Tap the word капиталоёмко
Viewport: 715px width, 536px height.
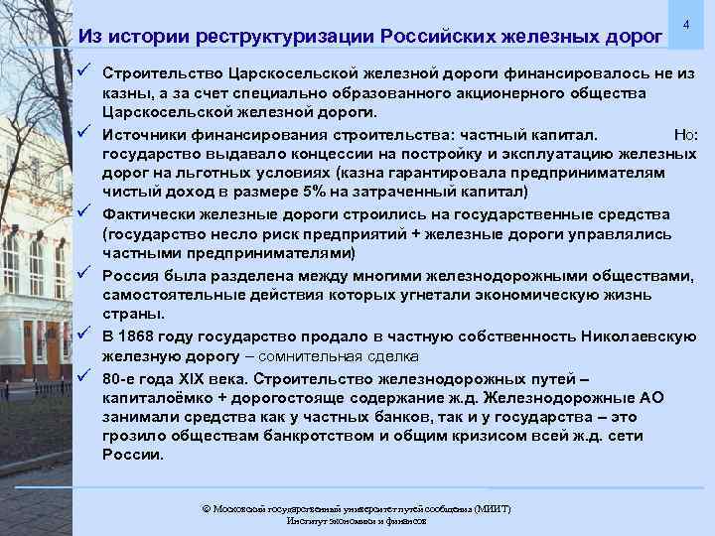(x=156, y=397)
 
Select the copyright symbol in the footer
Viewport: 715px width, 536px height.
(x=206, y=508)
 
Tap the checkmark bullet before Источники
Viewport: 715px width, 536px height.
(x=87, y=131)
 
